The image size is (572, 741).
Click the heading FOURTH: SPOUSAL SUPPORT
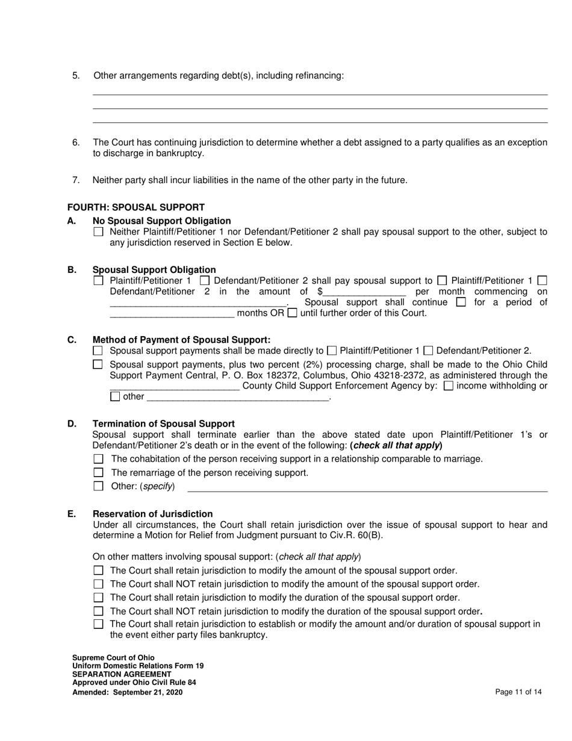click(135, 207)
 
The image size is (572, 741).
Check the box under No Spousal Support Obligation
click(98, 232)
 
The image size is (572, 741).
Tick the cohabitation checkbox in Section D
click(99, 459)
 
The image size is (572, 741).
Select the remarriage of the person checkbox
click(99, 473)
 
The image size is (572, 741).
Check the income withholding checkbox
click(448, 386)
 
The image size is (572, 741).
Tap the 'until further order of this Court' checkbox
click(292, 313)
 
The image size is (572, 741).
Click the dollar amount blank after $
click(364, 292)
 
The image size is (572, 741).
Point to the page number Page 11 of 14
click(518, 692)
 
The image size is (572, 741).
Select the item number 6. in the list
click(76, 143)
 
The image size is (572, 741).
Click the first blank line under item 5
click(320, 94)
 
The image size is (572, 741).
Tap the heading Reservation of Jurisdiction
click(152, 514)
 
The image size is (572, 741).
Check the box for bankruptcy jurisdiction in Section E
click(99, 624)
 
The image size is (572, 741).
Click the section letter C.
click(72, 340)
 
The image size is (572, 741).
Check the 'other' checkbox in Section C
click(116, 397)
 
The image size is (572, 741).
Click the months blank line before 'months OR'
click(172, 314)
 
